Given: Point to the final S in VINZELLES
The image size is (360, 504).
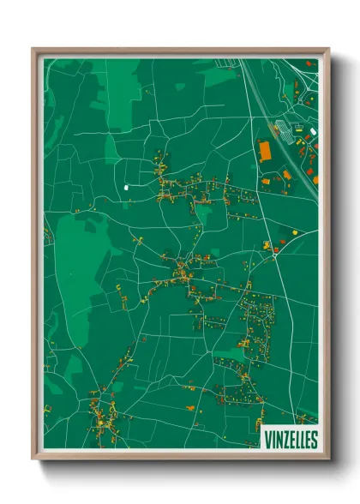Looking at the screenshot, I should pos(314,439).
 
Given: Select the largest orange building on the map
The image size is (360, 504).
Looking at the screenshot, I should pos(265,152).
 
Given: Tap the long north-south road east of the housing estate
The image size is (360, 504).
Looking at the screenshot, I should pos(287,343).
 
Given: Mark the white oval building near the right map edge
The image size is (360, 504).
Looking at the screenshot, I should pos(313,130).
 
